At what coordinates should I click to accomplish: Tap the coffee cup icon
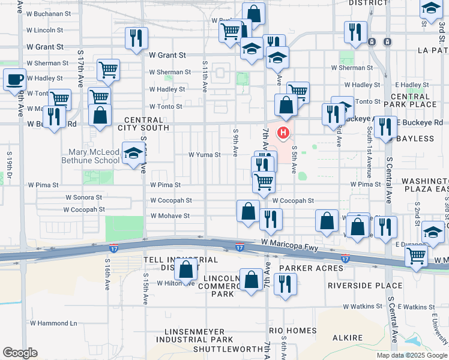coord(14,79)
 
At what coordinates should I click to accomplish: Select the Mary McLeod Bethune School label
coord(90,156)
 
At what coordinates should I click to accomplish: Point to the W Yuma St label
coord(205,154)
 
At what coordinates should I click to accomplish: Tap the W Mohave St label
coord(170,216)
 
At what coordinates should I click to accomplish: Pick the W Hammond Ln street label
coord(53,323)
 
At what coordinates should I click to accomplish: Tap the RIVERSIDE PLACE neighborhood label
coord(365,286)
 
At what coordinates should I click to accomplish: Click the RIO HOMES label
coord(292,331)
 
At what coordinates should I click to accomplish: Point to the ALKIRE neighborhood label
coord(346,338)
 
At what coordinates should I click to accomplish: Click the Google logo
coord(20,353)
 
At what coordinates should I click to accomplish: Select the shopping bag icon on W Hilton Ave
coord(186,271)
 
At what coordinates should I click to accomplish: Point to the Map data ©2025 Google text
coord(411,355)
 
